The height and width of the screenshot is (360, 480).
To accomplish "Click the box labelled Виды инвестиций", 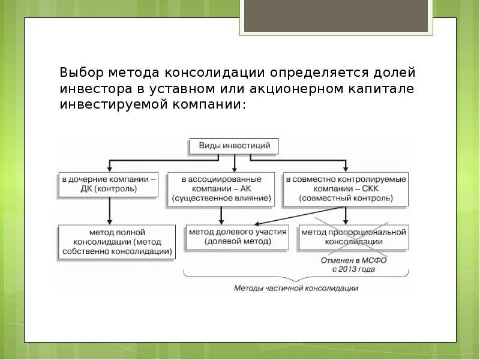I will point(234,146).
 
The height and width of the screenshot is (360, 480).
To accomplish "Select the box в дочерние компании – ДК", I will point(108,184).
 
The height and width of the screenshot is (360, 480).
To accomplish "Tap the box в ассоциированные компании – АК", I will point(221,188).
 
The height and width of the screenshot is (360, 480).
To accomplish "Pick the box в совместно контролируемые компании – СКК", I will point(346,188).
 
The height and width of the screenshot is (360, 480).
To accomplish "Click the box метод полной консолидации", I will point(117,242).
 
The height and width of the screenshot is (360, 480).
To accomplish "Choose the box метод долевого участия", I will point(238,236).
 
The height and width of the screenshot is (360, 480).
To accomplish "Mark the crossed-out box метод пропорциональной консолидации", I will point(353,236).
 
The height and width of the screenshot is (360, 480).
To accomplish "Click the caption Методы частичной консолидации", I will point(296,288).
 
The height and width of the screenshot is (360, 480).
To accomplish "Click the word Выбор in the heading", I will point(82,73).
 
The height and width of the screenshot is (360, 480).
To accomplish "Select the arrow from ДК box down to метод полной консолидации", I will point(109,211).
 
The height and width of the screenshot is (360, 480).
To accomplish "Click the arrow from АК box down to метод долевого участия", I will point(221,214).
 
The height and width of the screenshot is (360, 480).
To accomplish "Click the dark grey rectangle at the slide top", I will point(336,16).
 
